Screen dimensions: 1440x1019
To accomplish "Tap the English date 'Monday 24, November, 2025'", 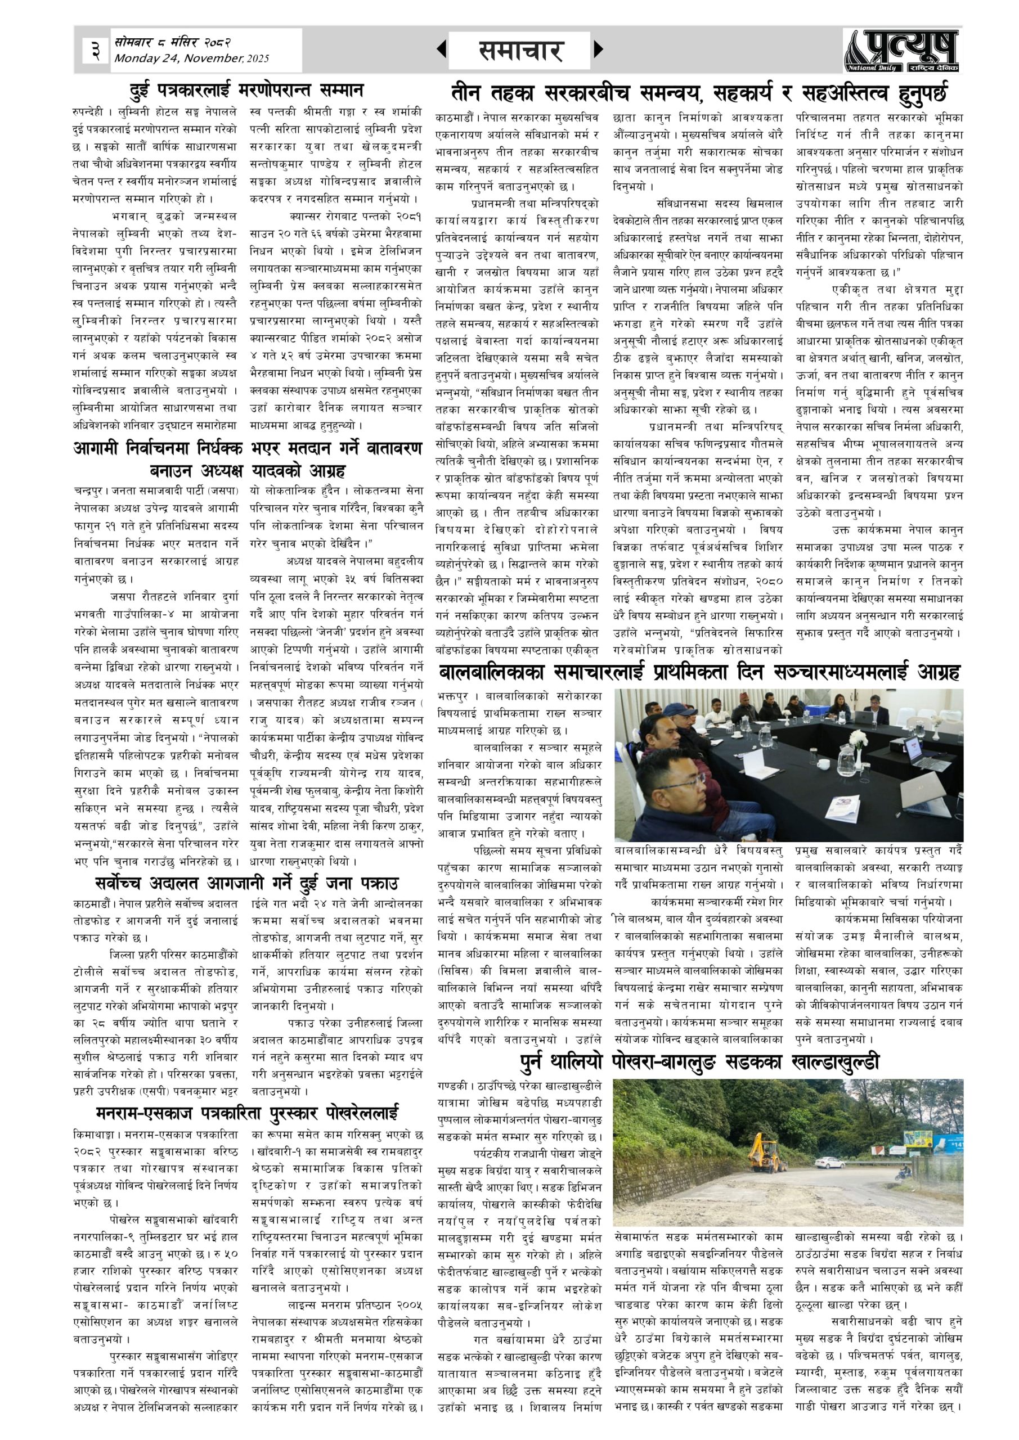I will click(x=191, y=59).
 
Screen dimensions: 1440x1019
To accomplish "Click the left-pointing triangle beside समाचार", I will click(x=442, y=49).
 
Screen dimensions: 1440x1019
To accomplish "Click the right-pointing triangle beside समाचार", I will click(x=598, y=49).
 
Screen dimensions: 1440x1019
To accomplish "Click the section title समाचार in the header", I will click(x=520, y=50).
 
